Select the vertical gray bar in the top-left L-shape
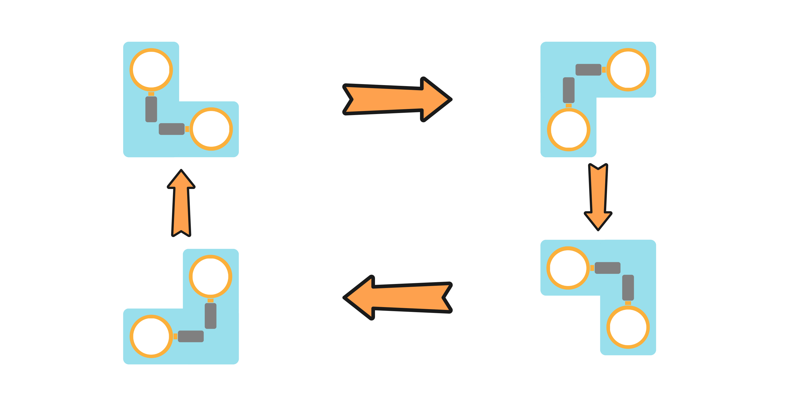pyautogui.click(x=151, y=109)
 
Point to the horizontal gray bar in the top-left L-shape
pyautogui.click(x=171, y=129)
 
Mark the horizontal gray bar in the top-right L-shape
pyautogui.click(x=588, y=70)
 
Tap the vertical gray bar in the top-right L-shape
pyautogui.click(x=569, y=90)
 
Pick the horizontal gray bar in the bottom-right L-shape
pyautogui.click(x=607, y=268)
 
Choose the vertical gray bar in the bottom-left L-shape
pyautogui.click(x=210, y=316)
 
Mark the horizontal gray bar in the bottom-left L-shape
pyautogui.click(x=191, y=336)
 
